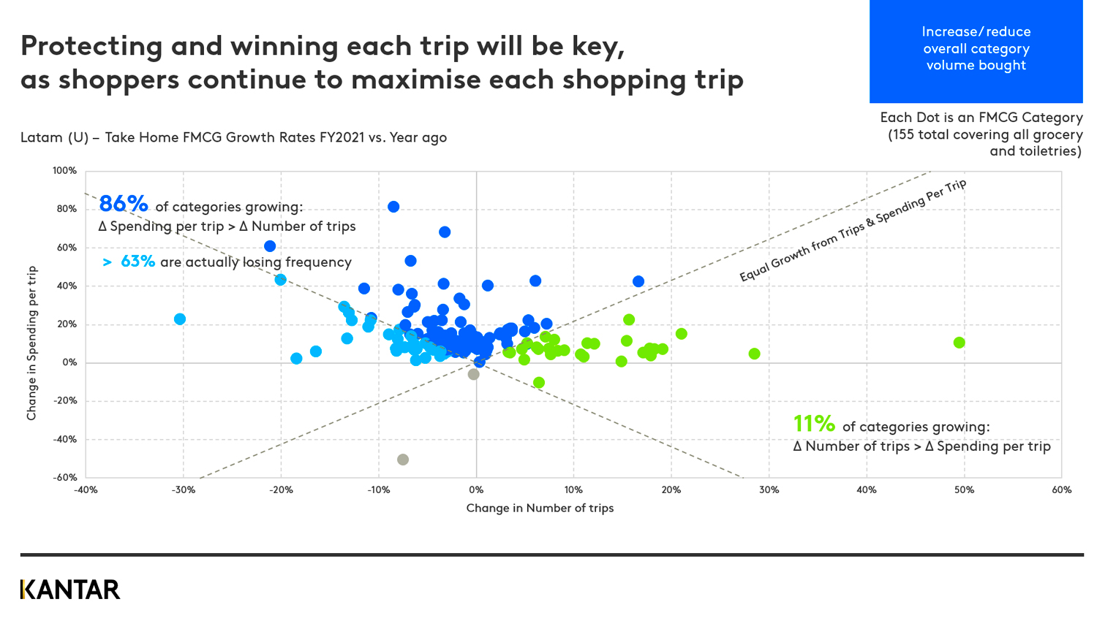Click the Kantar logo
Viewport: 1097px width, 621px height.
coord(70,590)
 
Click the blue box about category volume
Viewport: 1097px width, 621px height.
coord(976,51)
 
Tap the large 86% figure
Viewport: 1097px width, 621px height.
coord(123,204)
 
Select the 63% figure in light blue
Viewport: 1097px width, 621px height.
coord(137,262)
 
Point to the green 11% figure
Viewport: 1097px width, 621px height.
coord(814,424)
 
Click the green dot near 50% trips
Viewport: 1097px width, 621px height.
coord(960,343)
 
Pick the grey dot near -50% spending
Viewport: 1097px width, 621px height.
coord(403,460)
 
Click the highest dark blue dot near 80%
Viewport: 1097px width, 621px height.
coord(393,207)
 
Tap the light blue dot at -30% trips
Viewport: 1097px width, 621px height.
coord(180,319)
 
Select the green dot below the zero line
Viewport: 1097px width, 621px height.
coord(539,383)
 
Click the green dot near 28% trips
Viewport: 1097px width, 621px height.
coord(755,354)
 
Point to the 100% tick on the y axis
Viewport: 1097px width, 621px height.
coord(64,171)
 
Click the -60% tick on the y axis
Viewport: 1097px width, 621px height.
coord(64,477)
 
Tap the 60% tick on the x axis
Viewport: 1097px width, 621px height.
coord(1061,490)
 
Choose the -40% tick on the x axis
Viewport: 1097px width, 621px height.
coord(86,490)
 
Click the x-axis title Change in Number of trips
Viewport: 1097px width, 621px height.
coord(540,508)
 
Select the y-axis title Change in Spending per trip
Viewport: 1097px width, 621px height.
coord(31,343)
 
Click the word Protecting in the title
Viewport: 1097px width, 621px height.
coord(91,46)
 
